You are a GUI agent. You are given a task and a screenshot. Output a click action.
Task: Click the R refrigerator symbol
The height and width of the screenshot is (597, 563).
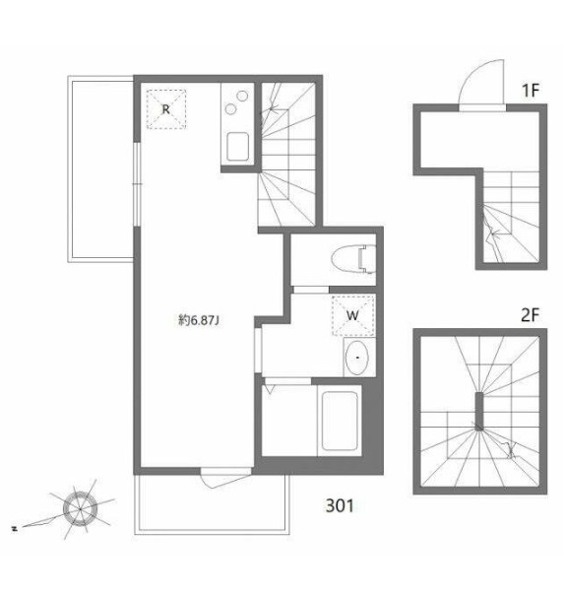(166, 109)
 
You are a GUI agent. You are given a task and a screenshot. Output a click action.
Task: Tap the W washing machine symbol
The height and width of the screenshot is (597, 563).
(353, 315)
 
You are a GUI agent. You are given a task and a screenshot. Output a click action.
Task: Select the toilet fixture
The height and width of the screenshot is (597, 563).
(353, 260)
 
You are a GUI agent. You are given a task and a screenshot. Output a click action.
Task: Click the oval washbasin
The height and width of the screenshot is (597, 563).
(357, 358)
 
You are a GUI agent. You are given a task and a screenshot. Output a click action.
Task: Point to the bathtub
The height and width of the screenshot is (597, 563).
(340, 421)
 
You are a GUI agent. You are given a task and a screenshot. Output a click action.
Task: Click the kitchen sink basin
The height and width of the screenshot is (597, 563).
(238, 147)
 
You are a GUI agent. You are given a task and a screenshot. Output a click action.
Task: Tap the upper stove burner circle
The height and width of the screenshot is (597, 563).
(242, 96)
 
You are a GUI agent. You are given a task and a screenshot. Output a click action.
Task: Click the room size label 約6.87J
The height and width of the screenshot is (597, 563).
(199, 320)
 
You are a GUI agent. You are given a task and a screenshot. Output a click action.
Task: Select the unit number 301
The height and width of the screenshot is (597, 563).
(340, 505)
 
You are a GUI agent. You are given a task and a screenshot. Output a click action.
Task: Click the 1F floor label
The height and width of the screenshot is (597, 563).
(531, 91)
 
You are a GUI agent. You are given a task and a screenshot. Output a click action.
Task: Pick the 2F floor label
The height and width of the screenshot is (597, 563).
(531, 315)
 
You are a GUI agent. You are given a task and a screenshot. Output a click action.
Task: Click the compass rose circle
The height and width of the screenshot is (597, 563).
(81, 508)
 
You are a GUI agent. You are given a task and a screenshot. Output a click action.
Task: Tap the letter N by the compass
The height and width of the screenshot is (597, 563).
(15, 528)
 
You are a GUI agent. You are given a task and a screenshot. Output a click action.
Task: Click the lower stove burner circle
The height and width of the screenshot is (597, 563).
(230, 109)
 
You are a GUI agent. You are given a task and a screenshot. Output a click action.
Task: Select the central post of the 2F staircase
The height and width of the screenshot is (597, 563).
(479, 411)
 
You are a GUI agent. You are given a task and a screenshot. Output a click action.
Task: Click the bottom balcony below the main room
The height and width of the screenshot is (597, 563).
(212, 504)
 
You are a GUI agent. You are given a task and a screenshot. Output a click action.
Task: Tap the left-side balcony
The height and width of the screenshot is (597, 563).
(100, 168)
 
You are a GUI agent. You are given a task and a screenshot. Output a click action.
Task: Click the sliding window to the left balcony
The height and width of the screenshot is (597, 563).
(138, 184)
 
